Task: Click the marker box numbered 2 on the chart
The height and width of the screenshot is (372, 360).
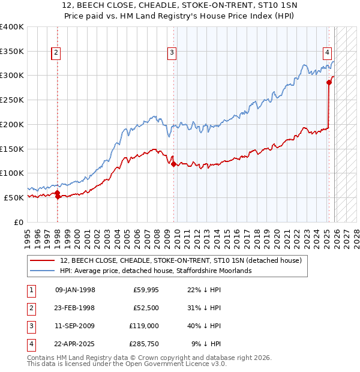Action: (x=56, y=53)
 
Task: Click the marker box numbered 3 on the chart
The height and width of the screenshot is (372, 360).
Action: (x=172, y=53)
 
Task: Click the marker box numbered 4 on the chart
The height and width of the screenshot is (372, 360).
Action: (x=328, y=53)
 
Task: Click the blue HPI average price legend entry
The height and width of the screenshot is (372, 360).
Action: (x=155, y=271)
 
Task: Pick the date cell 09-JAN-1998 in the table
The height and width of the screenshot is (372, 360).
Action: (x=75, y=290)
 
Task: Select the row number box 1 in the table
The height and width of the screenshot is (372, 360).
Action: (x=29, y=290)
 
